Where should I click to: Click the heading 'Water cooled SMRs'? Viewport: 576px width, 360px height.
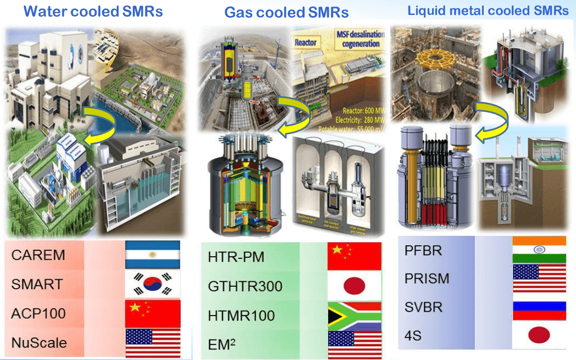tap(93, 11)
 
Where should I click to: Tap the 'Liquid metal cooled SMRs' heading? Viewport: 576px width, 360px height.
tap(488, 10)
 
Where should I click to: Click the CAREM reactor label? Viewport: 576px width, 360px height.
tap(38, 255)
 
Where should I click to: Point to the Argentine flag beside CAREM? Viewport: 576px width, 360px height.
tap(152, 254)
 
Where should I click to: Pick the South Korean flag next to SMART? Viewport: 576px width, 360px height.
tap(152, 284)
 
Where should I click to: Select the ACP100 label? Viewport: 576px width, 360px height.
tap(38, 314)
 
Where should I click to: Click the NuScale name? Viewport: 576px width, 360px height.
tap(39, 343)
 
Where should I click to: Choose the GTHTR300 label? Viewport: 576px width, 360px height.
tap(245, 286)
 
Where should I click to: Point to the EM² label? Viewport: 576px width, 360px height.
tap(222, 345)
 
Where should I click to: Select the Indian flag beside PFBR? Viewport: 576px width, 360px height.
tap(539, 249)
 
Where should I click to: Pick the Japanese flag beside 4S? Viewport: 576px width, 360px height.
tap(539, 336)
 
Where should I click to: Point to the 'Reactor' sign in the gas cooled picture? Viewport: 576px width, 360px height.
tap(306, 42)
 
